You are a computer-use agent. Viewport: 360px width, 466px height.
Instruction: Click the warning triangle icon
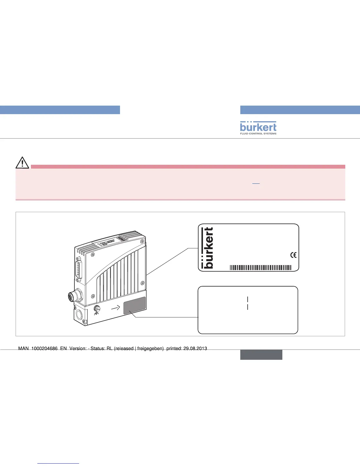(22, 163)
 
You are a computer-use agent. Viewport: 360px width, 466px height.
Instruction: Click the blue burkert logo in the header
(258, 127)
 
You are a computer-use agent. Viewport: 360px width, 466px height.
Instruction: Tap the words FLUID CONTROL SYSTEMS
(258, 134)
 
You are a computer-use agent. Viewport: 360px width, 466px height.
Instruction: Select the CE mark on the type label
(293, 255)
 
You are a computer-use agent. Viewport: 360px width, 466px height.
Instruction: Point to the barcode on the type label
(260, 267)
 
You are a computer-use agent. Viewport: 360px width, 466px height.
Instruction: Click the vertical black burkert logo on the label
(209, 248)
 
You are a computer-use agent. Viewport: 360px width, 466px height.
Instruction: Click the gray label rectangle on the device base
(134, 305)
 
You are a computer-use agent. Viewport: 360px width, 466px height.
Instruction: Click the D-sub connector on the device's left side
(79, 268)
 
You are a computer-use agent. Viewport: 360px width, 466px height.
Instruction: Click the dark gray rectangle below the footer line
(261, 355)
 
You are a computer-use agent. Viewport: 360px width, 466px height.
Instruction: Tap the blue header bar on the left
(60, 110)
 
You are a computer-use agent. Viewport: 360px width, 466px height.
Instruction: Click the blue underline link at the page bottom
(59, 463)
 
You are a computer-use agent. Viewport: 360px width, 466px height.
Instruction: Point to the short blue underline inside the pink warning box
(256, 184)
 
